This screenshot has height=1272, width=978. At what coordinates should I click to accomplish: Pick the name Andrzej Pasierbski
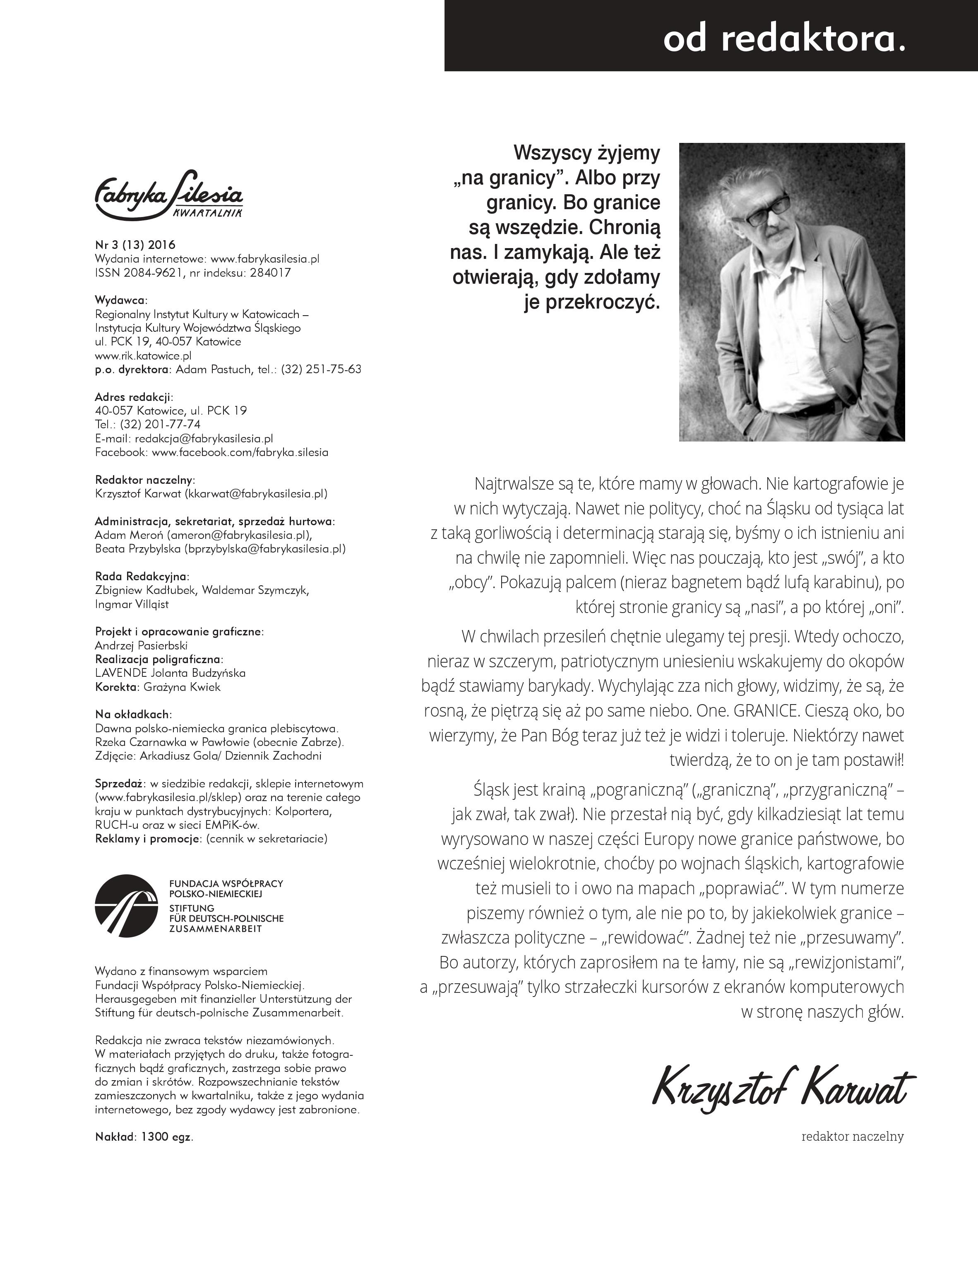coord(141,645)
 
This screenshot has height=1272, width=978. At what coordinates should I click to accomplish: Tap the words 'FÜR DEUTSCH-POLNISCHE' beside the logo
coord(226,918)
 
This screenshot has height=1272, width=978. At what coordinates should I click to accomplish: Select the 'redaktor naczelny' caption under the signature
coord(852,1136)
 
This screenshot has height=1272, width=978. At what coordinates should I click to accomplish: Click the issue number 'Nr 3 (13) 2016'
coord(135,245)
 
